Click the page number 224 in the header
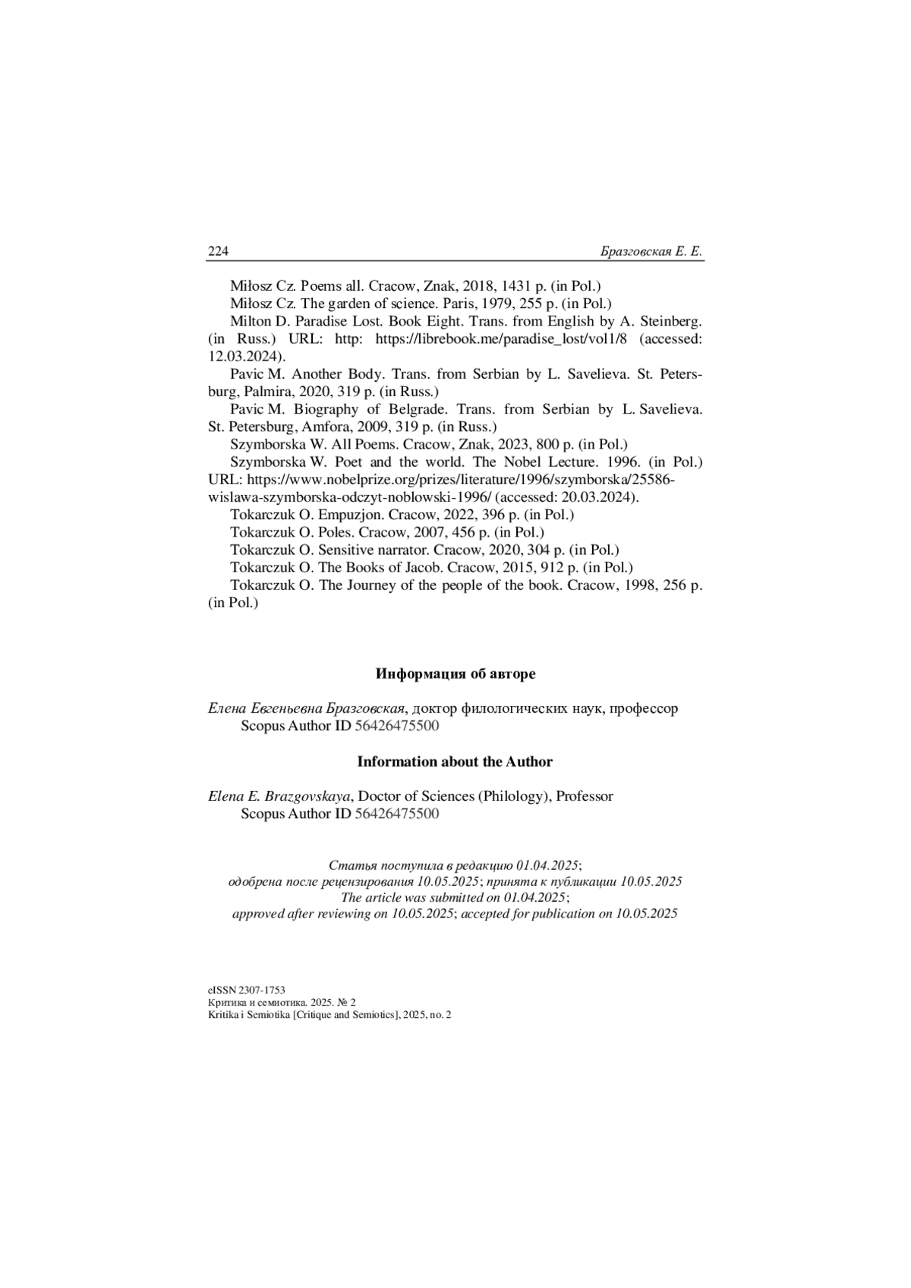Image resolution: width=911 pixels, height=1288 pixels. pos(218,251)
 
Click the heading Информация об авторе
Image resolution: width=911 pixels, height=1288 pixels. pos(455,674)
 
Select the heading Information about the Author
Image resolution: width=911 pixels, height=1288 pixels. pos(455,761)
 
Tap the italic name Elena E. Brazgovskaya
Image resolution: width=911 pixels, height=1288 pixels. pos(279,796)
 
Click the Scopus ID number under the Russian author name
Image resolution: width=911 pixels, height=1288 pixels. pos(397,726)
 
